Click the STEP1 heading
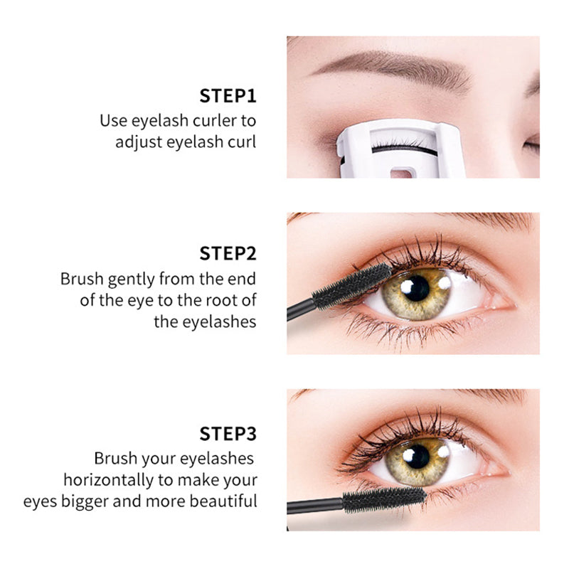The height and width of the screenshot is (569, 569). click(228, 96)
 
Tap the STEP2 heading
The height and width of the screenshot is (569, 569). click(228, 253)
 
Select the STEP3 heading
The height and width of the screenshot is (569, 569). click(228, 434)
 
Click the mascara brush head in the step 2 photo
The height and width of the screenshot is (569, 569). click(352, 284)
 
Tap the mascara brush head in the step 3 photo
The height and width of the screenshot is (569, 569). click(384, 499)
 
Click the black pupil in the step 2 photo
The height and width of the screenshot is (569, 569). click(415, 288)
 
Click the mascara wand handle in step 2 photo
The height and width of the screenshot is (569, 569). click(299, 310)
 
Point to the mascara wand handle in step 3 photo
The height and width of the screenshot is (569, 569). click(313, 507)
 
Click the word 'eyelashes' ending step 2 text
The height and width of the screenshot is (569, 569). click(205, 321)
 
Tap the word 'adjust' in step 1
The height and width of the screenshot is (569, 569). click(138, 142)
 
